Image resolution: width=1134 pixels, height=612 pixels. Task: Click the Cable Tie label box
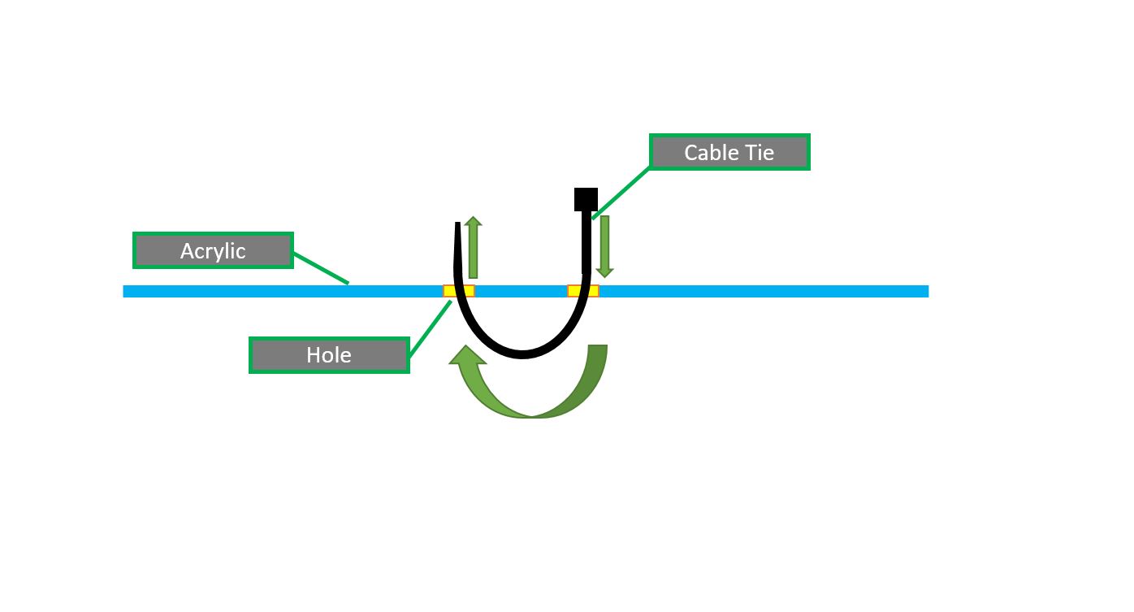tap(729, 152)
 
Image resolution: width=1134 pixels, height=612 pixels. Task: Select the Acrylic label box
tap(213, 250)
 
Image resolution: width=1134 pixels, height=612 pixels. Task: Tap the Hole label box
tap(329, 355)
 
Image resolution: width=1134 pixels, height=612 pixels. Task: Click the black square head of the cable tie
tap(586, 199)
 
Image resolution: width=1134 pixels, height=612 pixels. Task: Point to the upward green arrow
tap(474, 248)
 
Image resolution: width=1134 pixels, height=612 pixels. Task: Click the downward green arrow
tap(604, 246)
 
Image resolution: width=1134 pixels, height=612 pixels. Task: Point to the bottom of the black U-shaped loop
tap(523, 353)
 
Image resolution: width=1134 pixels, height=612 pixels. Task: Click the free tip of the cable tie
tap(458, 227)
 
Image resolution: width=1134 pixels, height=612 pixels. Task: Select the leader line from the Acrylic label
tap(321, 267)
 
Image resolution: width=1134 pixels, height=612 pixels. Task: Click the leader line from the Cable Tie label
tap(622, 193)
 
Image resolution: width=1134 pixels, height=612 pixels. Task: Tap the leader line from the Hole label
tap(430, 328)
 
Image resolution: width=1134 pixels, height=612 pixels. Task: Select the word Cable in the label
tap(709, 152)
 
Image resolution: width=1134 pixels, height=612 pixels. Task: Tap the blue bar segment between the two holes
tap(521, 291)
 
